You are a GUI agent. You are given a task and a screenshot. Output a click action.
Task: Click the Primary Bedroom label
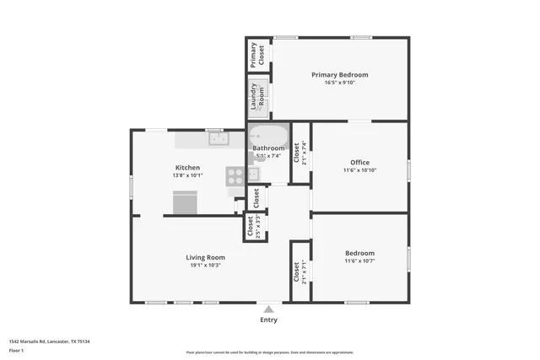pyautogui.click(x=339, y=75)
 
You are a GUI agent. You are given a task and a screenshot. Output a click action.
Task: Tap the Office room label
pyautogui.click(x=359, y=163)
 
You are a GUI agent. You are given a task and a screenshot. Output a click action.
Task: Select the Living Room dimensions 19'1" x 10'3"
pyautogui.click(x=205, y=266)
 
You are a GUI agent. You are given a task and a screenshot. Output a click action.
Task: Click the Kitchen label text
pyautogui.click(x=187, y=167)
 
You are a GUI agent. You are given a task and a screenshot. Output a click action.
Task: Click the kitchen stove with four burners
pyautogui.click(x=235, y=175)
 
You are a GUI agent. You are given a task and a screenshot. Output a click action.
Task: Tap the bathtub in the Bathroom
pyautogui.click(x=268, y=137)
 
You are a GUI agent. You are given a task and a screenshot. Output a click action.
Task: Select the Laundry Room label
pyautogui.click(x=257, y=96)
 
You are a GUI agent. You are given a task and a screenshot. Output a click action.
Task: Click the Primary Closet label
pyautogui.click(x=256, y=54)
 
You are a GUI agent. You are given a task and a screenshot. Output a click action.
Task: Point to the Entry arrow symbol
pyautogui.click(x=268, y=309)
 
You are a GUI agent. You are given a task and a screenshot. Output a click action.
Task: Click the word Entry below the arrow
pyautogui.click(x=268, y=320)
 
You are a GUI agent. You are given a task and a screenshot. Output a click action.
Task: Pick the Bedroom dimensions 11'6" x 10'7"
pyautogui.click(x=359, y=261)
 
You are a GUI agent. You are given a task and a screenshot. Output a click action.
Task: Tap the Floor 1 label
pyautogui.click(x=16, y=350)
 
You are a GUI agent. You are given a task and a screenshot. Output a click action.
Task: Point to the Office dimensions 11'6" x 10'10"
pyautogui.click(x=359, y=171)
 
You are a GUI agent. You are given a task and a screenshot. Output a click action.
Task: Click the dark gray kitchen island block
pyautogui.click(x=186, y=203)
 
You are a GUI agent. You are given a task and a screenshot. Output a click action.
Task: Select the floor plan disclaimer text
pyautogui.click(x=270, y=352)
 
